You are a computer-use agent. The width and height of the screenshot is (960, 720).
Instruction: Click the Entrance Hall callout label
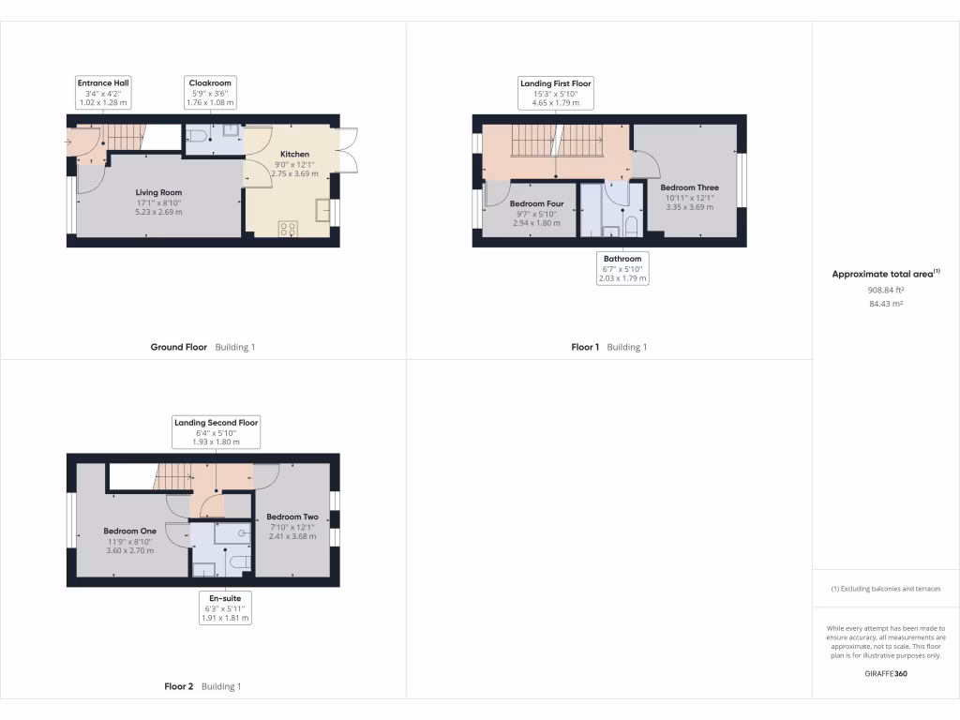point(102,92)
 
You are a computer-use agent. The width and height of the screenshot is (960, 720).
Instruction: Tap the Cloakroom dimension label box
point(210,92)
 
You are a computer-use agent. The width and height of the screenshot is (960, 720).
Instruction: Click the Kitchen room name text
point(294,154)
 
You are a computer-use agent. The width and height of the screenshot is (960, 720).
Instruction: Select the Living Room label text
point(157,192)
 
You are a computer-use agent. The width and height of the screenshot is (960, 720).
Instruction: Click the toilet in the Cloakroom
point(197,141)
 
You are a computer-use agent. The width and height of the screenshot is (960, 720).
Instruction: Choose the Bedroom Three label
point(689,187)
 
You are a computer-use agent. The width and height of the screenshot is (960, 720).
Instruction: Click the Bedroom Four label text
point(536,203)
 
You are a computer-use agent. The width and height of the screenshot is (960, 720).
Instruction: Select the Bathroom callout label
point(622,268)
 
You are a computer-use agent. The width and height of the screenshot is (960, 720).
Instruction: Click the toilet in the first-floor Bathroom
point(631,227)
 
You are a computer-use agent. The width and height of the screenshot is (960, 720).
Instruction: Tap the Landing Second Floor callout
point(216,432)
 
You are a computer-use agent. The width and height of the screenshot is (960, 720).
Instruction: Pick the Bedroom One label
point(128,531)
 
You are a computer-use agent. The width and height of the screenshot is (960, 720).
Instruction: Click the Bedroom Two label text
point(292,517)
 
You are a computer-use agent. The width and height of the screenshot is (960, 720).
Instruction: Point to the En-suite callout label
point(226,607)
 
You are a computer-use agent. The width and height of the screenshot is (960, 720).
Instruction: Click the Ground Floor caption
point(179,347)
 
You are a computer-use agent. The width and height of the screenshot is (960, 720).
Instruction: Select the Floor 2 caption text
point(178,686)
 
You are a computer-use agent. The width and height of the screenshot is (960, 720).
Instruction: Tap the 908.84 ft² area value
point(885,291)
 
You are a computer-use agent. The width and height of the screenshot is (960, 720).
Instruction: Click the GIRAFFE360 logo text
point(885,673)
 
